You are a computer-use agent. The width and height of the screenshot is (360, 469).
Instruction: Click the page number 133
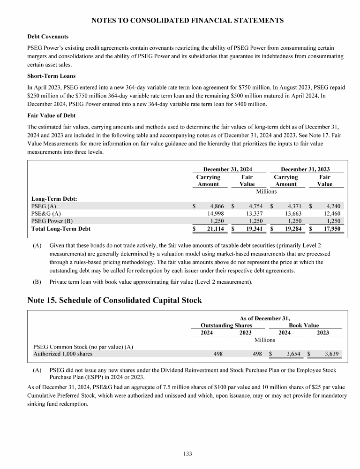[x=187, y=454]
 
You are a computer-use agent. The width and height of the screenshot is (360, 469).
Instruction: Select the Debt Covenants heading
[x=47, y=36]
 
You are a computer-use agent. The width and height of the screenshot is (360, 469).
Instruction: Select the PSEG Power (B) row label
[x=52, y=221]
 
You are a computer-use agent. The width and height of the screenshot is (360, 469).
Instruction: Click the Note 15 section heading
[x=114, y=301]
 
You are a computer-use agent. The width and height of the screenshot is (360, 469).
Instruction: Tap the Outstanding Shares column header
[x=226, y=325]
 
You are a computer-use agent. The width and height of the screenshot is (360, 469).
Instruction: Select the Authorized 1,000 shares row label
[x=62, y=354]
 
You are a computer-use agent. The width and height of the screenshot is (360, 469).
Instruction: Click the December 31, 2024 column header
[x=228, y=169]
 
